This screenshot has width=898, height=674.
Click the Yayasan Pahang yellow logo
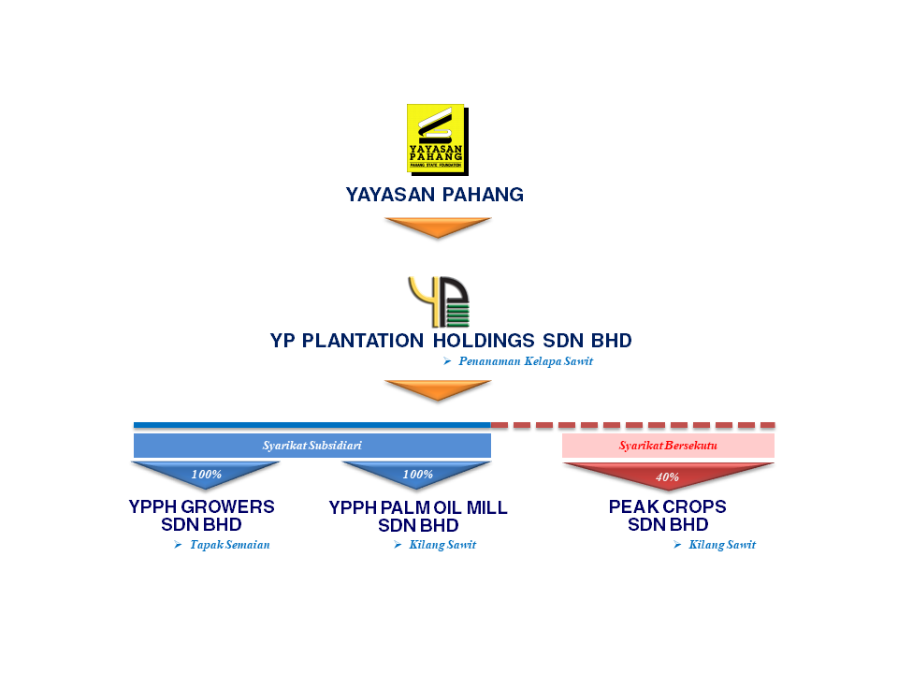coord(435,138)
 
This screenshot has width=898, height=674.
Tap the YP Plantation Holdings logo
coord(438,301)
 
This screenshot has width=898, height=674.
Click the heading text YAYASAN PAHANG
coord(435,195)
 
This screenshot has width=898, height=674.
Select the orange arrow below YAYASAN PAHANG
coord(438,227)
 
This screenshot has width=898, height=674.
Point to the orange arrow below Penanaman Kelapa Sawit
coord(438,389)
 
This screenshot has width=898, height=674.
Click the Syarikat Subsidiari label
coord(311,446)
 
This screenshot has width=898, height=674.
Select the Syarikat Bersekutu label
coord(668,446)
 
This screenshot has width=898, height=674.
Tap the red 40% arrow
coord(667,476)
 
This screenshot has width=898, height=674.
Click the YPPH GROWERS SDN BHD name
coord(201,516)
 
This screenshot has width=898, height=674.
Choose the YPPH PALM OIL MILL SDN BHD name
coord(418,517)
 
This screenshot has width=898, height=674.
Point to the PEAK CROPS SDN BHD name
coord(667,516)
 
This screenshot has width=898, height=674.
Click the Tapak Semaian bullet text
coord(229,545)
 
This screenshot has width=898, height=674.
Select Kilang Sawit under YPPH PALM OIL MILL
coord(442,545)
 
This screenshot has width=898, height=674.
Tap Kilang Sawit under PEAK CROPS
coord(721,545)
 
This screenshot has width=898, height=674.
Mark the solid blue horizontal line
coord(311,425)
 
